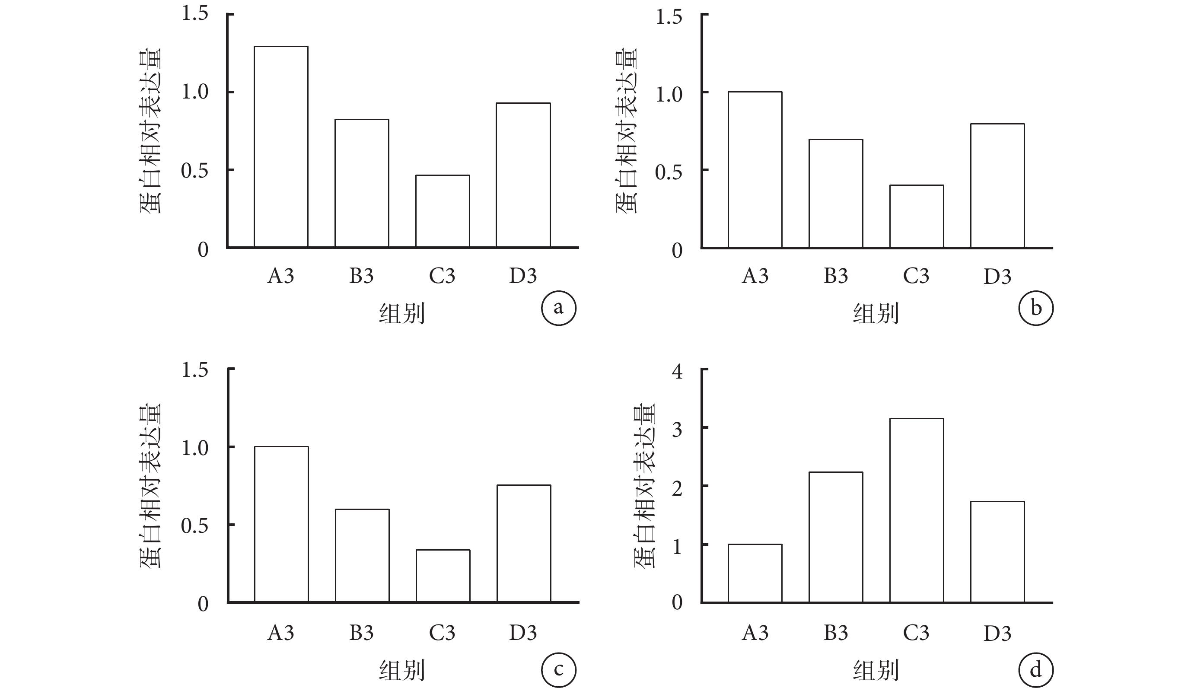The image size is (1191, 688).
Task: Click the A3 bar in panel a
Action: (x=281, y=147)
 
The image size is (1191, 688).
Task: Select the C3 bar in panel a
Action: (x=443, y=211)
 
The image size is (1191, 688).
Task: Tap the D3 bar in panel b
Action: (x=997, y=186)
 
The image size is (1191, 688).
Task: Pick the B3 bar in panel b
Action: (x=836, y=193)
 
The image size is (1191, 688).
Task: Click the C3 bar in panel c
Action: (x=443, y=576)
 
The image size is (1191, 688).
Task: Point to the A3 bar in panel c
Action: (x=282, y=525)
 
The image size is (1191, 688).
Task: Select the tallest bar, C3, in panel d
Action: (x=917, y=510)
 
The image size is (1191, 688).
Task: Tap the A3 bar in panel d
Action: (x=755, y=573)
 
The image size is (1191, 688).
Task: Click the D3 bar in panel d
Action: (x=997, y=552)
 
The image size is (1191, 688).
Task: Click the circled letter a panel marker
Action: (x=558, y=308)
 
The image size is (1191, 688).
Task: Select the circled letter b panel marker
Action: (x=1035, y=308)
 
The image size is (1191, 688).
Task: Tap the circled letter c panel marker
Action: (x=558, y=669)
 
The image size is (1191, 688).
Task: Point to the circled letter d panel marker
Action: (x=1035, y=669)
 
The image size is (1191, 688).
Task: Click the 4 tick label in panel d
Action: (x=677, y=371)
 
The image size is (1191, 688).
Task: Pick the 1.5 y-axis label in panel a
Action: (x=194, y=14)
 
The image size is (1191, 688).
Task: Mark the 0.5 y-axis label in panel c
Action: (x=194, y=526)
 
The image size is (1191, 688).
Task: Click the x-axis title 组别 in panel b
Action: (x=876, y=313)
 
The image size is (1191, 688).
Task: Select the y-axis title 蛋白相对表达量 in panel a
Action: (x=150, y=131)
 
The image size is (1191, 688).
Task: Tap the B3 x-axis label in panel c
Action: (x=361, y=633)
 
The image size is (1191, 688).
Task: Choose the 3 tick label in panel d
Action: (x=677, y=429)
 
